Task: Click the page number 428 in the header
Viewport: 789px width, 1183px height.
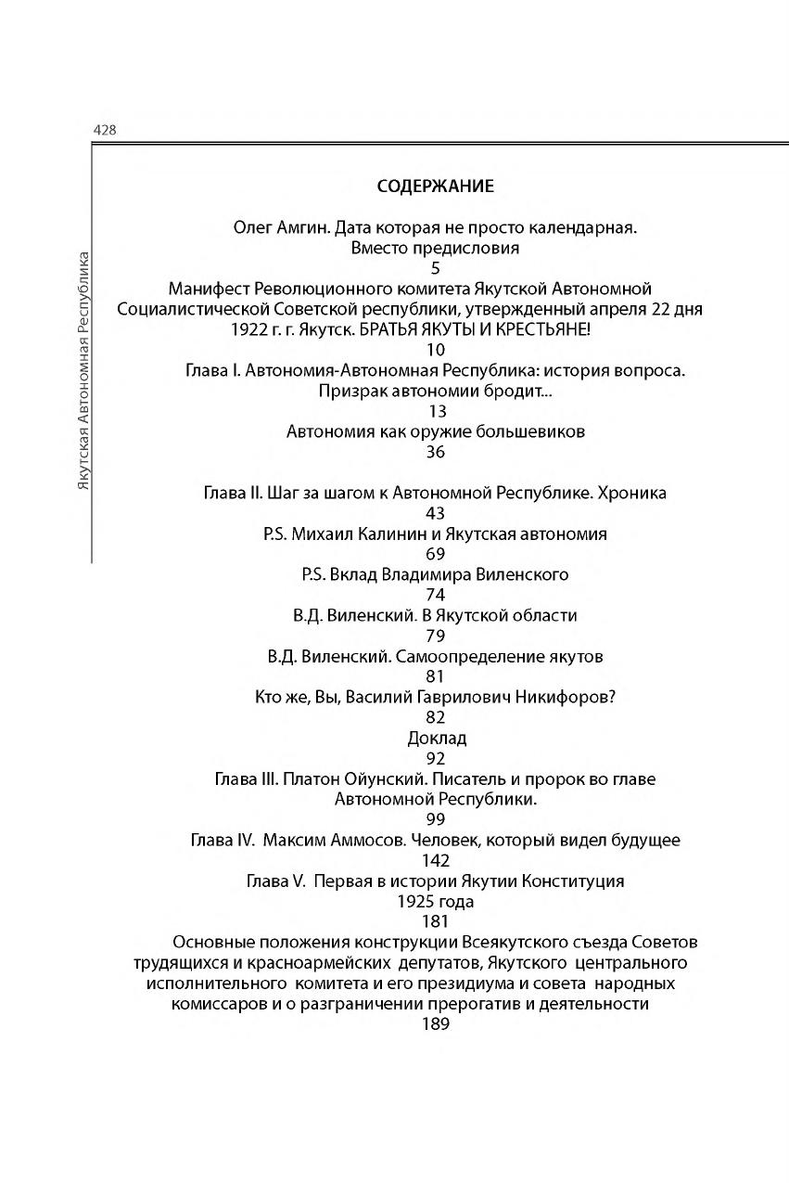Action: tap(104, 131)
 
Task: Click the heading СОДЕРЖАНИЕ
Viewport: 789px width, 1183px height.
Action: tap(436, 186)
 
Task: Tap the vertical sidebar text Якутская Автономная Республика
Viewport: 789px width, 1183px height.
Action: tap(83, 370)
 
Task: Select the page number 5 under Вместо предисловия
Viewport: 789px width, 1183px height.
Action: tap(436, 268)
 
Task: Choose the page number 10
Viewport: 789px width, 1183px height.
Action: tap(436, 350)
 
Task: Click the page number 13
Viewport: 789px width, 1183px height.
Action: tap(436, 411)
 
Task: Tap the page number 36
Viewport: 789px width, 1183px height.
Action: tap(436, 452)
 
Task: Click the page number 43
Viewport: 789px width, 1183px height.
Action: tap(436, 513)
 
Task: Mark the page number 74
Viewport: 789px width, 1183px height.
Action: tap(436, 595)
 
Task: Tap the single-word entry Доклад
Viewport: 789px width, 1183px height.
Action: tap(437, 739)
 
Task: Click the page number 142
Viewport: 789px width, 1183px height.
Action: tap(436, 861)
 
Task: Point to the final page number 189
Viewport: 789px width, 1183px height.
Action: tap(436, 1024)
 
